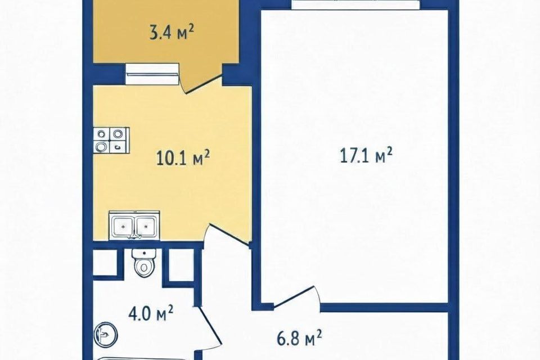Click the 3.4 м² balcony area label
[x=171, y=33]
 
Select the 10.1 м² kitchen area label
[x=183, y=158]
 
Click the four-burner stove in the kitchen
[x=111, y=140]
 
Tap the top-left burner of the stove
[x=102, y=134]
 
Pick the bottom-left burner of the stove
[x=102, y=147]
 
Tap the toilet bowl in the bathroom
[x=143, y=265]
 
